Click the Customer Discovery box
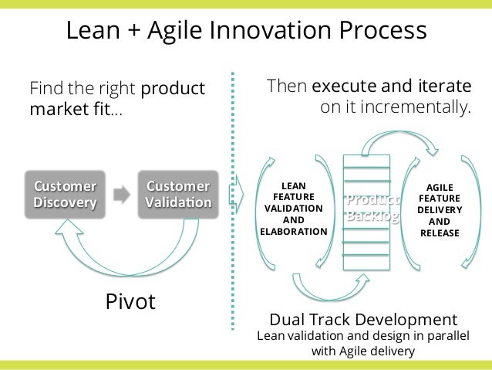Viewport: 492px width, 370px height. [x=65, y=195]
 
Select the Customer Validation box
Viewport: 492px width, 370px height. [x=178, y=195]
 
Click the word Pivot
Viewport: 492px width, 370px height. [x=130, y=301]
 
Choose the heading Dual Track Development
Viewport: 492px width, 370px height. [x=362, y=319]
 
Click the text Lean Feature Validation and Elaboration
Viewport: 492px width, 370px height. [x=294, y=209]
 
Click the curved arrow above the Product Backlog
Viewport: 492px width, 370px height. [x=401, y=141]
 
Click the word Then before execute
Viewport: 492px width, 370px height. [x=287, y=86]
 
